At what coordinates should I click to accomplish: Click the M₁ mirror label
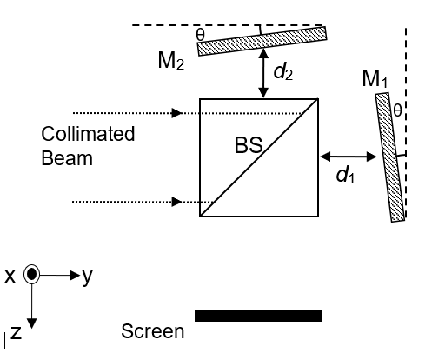pos(374,79)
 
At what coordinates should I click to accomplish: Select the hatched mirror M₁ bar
pos(390,157)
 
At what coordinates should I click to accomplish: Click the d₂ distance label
pos(282,71)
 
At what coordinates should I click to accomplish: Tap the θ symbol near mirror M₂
pos(201,35)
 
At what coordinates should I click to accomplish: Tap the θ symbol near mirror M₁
pos(397,110)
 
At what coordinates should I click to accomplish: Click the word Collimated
pos(88,135)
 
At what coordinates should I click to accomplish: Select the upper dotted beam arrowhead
pos(177,113)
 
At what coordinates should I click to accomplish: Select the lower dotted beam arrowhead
pos(177,202)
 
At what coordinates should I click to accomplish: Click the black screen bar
pos(258,316)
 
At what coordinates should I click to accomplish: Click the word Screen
pos(153,331)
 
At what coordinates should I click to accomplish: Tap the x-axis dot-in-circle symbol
pos(32,275)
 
